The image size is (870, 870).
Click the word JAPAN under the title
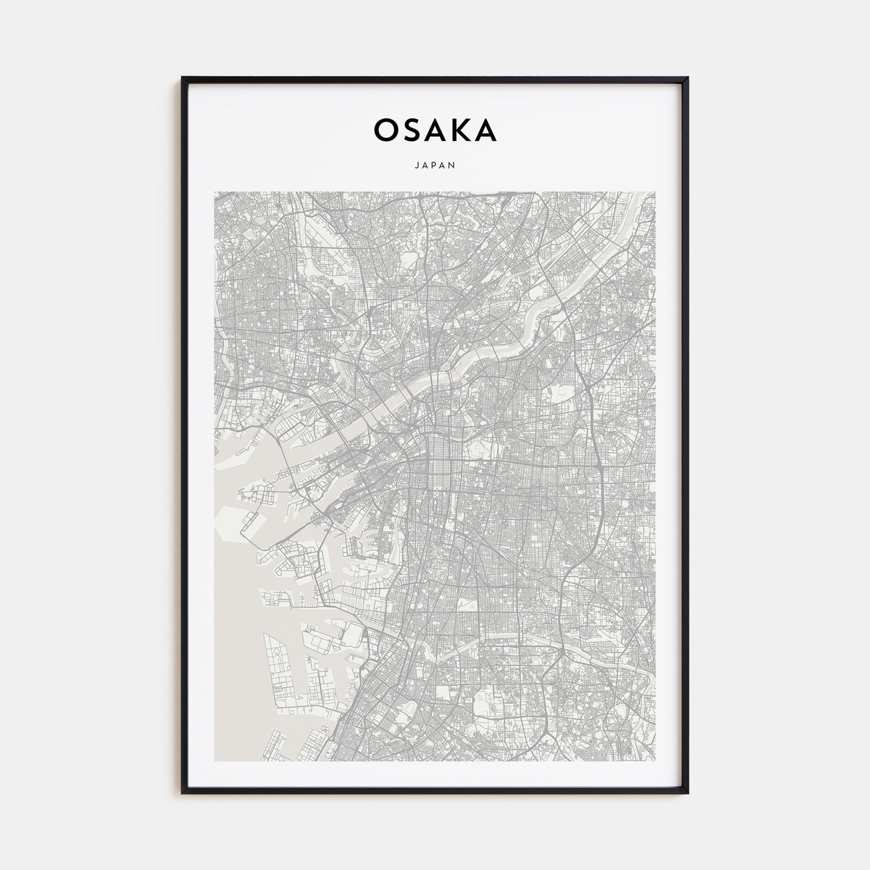point(435,165)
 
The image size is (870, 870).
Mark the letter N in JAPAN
point(454,165)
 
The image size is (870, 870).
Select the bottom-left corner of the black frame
point(183,792)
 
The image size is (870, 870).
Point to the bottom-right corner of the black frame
point(687,792)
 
